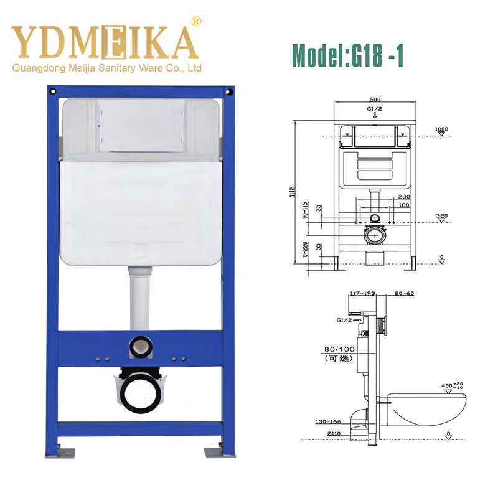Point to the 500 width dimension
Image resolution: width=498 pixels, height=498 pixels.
click(375, 100)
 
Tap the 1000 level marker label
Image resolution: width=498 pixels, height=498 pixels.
click(441, 129)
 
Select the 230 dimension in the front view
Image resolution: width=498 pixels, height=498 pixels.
click(403, 197)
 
